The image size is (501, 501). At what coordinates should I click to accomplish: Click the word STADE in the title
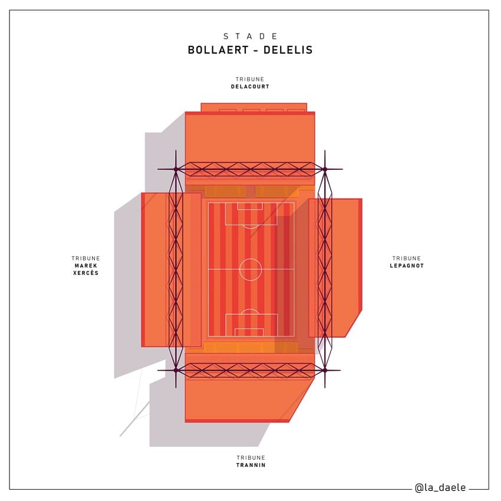(x=250, y=36)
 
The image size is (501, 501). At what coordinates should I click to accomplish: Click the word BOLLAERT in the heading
(x=218, y=50)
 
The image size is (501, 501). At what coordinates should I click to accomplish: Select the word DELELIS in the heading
(x=288, y=50)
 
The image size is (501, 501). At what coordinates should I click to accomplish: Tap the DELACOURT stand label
(x=250, y=87)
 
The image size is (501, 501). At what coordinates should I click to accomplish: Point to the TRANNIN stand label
(x=251, y=465)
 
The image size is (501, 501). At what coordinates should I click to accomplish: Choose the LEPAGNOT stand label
(x=407, y=265)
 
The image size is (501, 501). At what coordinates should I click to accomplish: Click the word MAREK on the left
(x=86, y=265)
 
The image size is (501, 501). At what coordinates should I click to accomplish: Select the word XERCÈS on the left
(x=86, y=273)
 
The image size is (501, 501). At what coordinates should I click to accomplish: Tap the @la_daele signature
(x=440, y=487)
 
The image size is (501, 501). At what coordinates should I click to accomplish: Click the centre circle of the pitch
(x=250, y=259)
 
